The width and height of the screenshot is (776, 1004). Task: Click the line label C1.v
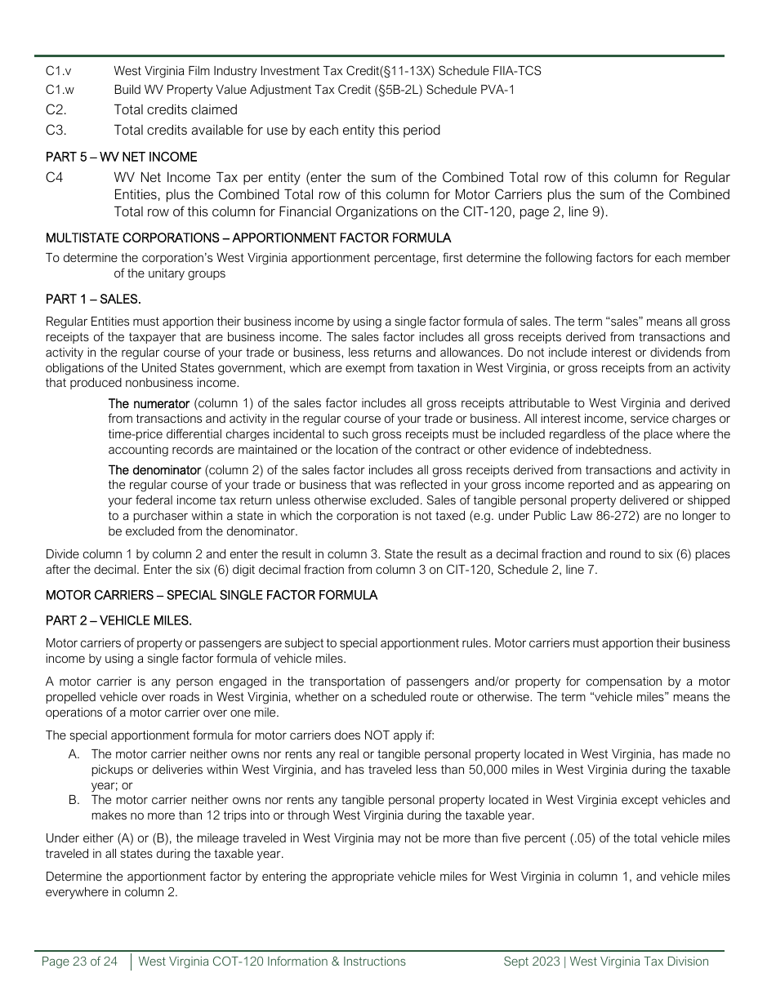click(x=59, y=71)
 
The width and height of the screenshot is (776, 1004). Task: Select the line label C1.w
click(x=60, y=90)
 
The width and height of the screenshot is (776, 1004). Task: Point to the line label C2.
click(x=56, y=110)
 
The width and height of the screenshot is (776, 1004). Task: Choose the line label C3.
click(x=56, y=131)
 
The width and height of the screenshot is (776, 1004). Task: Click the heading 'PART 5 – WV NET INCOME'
click(x=121, y=157)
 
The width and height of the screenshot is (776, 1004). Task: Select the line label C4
click(x=55, y=178)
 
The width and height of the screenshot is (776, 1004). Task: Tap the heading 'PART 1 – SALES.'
click(x=93, y=300)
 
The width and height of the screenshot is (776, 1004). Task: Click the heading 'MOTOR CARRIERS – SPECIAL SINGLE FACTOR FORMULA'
click(x=212, y=595)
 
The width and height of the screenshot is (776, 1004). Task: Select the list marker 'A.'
click(x=75, y=754)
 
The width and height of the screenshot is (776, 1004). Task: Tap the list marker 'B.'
click(x=75, y=800)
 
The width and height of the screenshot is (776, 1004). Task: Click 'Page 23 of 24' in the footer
click(x=79, y=962)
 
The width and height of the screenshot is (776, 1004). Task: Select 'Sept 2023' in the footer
click(x=529, y=962)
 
